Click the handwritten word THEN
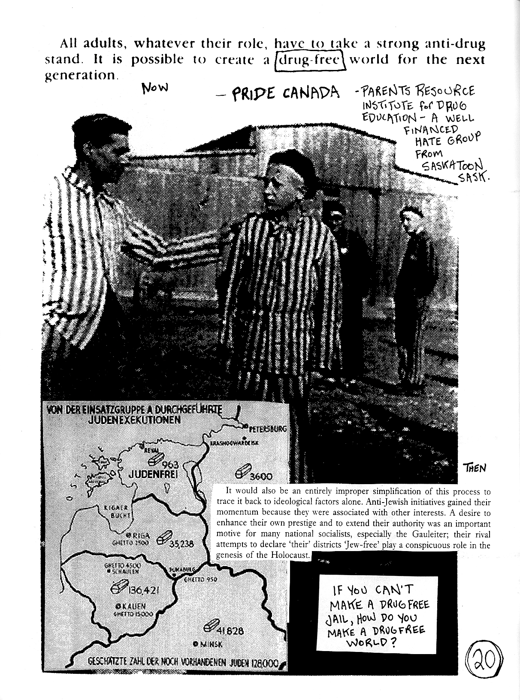point(475,467)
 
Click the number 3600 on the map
point(260,477)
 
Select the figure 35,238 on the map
point(182,544)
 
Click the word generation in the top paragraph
point(80,76)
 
